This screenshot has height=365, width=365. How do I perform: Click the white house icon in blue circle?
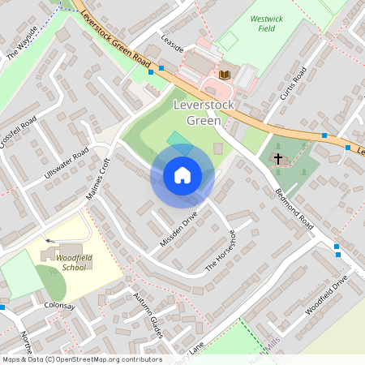pyautogui.click(x=182, y=175)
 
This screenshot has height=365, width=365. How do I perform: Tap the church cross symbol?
pyautogui.click(x=278, y=159)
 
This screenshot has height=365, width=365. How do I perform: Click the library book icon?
pyautogui.click(x=225, y=75)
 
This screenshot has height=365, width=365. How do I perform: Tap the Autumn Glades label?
pyautogui.click(x=148, y=315)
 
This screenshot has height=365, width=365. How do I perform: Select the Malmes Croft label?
pyautogui.click(x=97, y=184)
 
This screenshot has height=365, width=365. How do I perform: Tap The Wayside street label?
pyautogui.click(x=23, y=51)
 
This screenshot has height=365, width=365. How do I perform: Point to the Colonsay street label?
pyautogui.click(x=59, y=307)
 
